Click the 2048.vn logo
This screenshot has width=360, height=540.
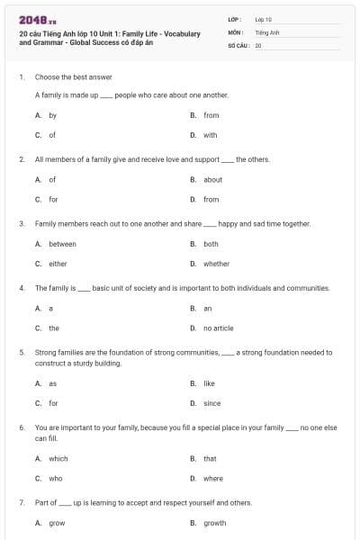coord(36,20)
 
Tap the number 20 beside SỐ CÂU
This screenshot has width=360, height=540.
coord(258,44)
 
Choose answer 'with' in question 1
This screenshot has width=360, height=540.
coord(210,135)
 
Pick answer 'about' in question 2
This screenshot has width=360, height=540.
coord(212,179)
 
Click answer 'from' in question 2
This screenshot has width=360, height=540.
coord(211,199)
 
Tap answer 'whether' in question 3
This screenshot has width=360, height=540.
coord(216,264)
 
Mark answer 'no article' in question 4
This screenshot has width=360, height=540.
coord(218,328)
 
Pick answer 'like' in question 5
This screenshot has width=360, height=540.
coord(209,383)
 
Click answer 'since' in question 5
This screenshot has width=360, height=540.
coord(211,403)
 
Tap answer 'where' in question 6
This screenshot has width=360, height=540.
coord(212,478)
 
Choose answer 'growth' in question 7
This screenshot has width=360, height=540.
coord(214,523)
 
